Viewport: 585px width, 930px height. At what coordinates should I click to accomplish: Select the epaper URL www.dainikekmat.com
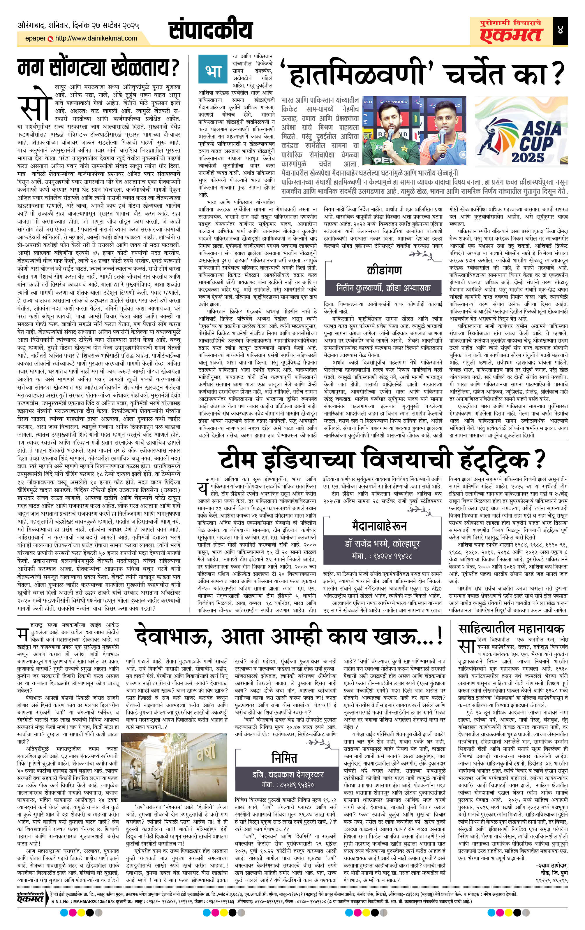pos(96,38)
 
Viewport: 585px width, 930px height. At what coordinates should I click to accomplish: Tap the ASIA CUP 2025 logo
pos(521,130)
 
